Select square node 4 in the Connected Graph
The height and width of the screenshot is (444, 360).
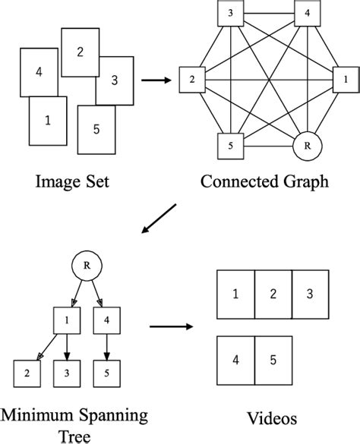(x=307, y=14)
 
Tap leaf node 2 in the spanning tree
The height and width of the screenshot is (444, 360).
(x=27, y=373)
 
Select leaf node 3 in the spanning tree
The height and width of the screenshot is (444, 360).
(x=67, y=373)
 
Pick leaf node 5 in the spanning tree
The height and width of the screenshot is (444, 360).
(x=106, y=373)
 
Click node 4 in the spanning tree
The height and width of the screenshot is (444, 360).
(x=106, y=321)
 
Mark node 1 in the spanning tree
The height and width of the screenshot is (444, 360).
(x=67, y=321)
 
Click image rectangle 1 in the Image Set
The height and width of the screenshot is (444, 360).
(x=49, y=121)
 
